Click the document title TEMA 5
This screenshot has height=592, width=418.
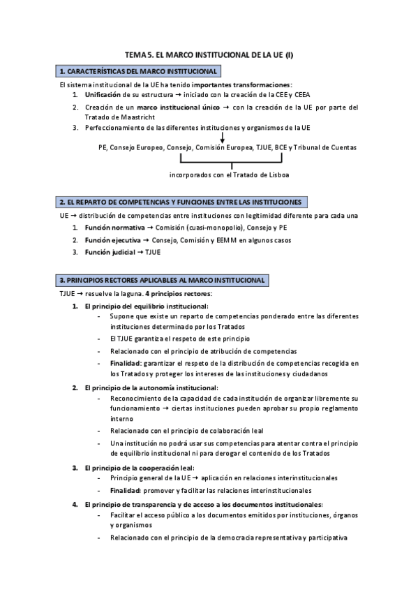pyautogui.click(x=209, y=54)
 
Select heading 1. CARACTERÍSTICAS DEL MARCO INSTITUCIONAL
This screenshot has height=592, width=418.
pyautogui.click(x=140, y=71)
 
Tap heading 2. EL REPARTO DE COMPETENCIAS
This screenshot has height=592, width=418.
pyautogui.click(x=181, y=202)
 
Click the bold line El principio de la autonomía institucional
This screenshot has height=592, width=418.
pyautogui.click(x=150, y=387)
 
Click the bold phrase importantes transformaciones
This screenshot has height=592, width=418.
pyautogui.click(x=234, y=84)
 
